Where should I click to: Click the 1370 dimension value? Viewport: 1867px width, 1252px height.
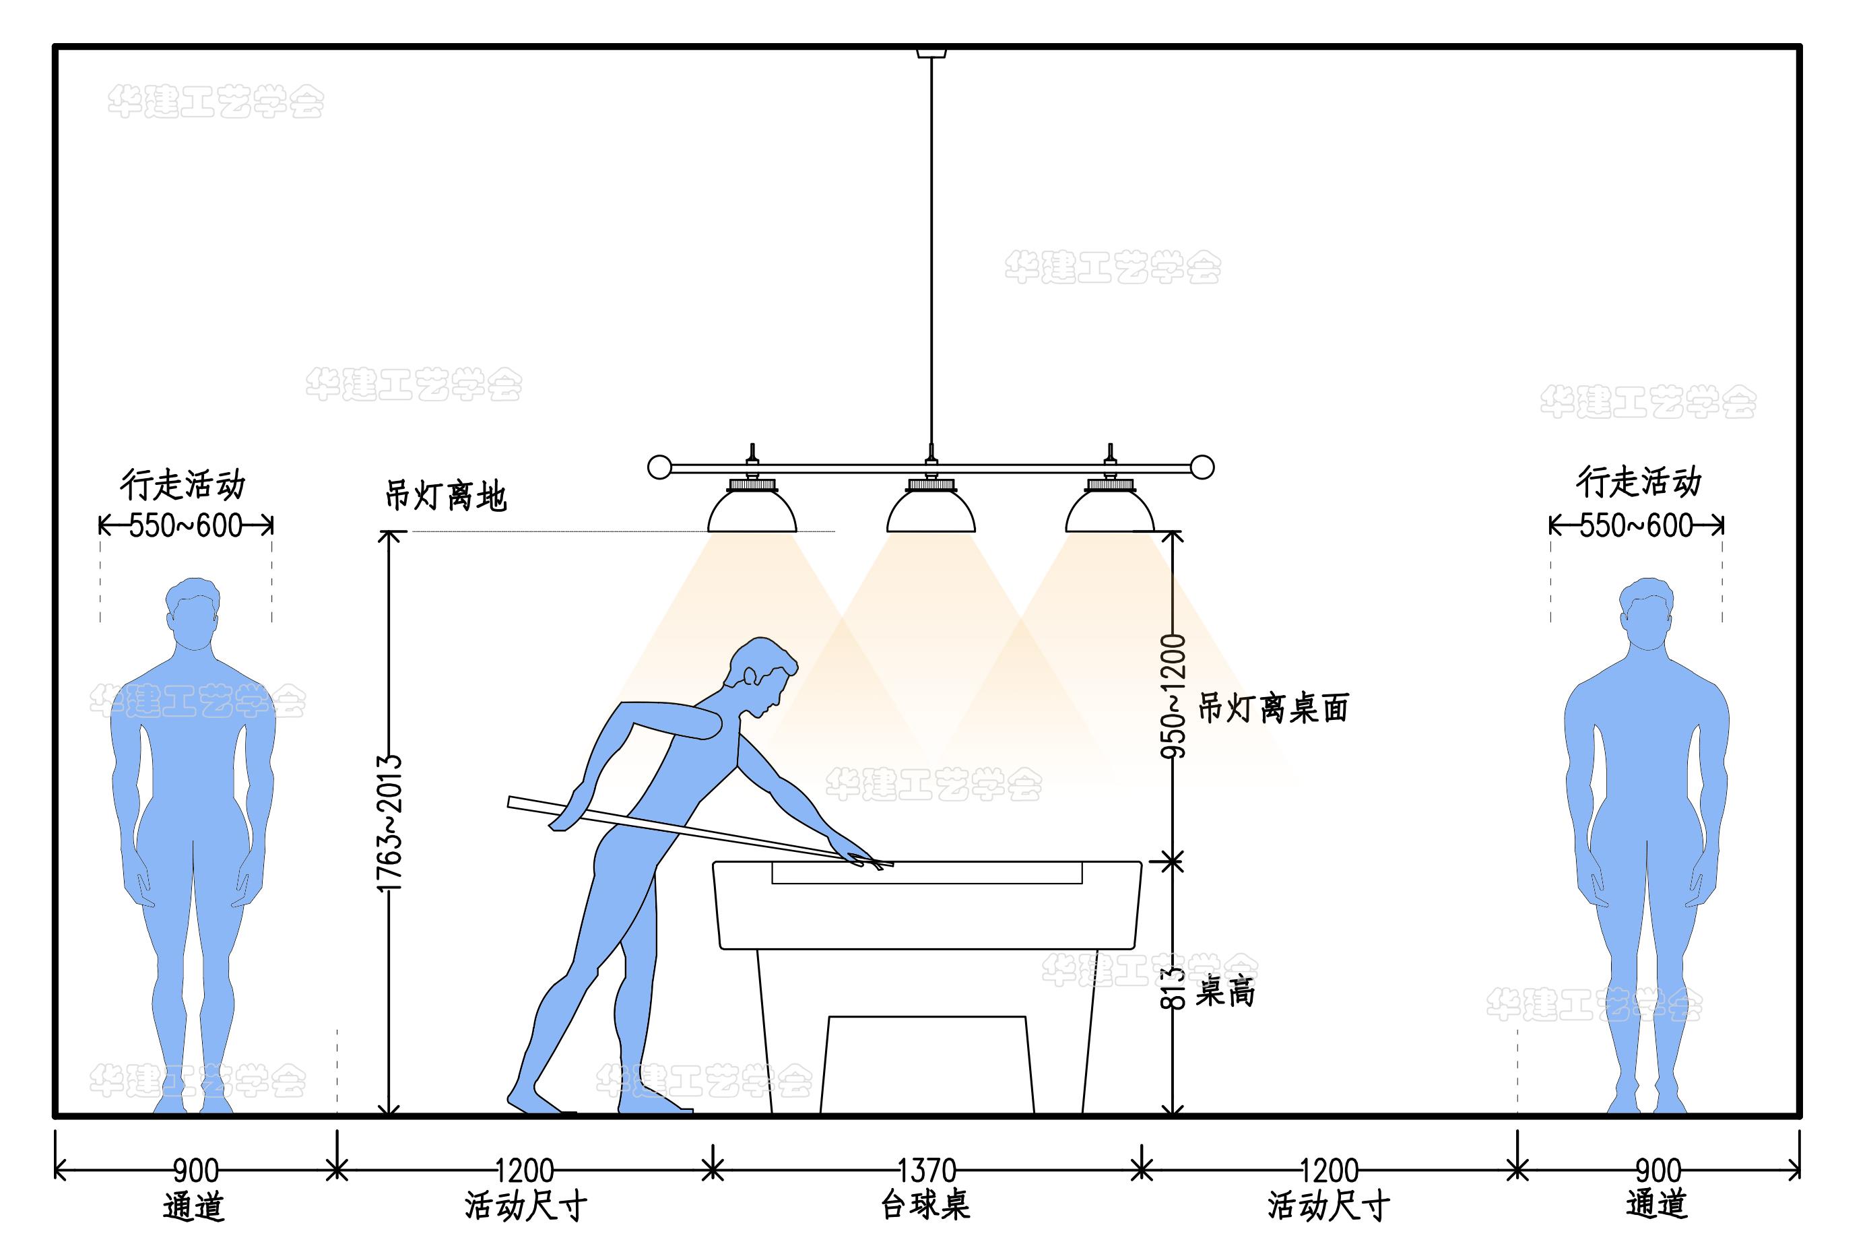[x=926, y=1171]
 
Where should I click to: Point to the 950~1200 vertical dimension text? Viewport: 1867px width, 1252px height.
[x=1173, y=696]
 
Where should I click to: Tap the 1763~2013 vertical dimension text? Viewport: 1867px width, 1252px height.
[x=389, y=822]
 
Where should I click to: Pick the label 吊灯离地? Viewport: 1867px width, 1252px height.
[x=446, y=496]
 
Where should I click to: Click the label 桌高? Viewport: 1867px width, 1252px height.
[x=1225, y=991]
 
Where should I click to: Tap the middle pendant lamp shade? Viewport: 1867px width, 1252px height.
[x=930, y=512]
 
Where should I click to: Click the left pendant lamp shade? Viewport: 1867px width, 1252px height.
[x=752, y=512]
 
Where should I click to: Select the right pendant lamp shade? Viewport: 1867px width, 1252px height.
[x=1110, y=512]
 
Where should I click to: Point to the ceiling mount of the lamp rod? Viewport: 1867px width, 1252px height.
[x=931, y=53]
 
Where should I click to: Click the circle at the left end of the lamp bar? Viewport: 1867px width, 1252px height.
[x=659, y=467]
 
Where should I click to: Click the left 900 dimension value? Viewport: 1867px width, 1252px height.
[x=195, y=1171]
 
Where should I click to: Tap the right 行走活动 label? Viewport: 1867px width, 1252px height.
[x=1639, y=482]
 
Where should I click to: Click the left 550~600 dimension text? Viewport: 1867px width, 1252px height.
[x=185, y=525]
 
